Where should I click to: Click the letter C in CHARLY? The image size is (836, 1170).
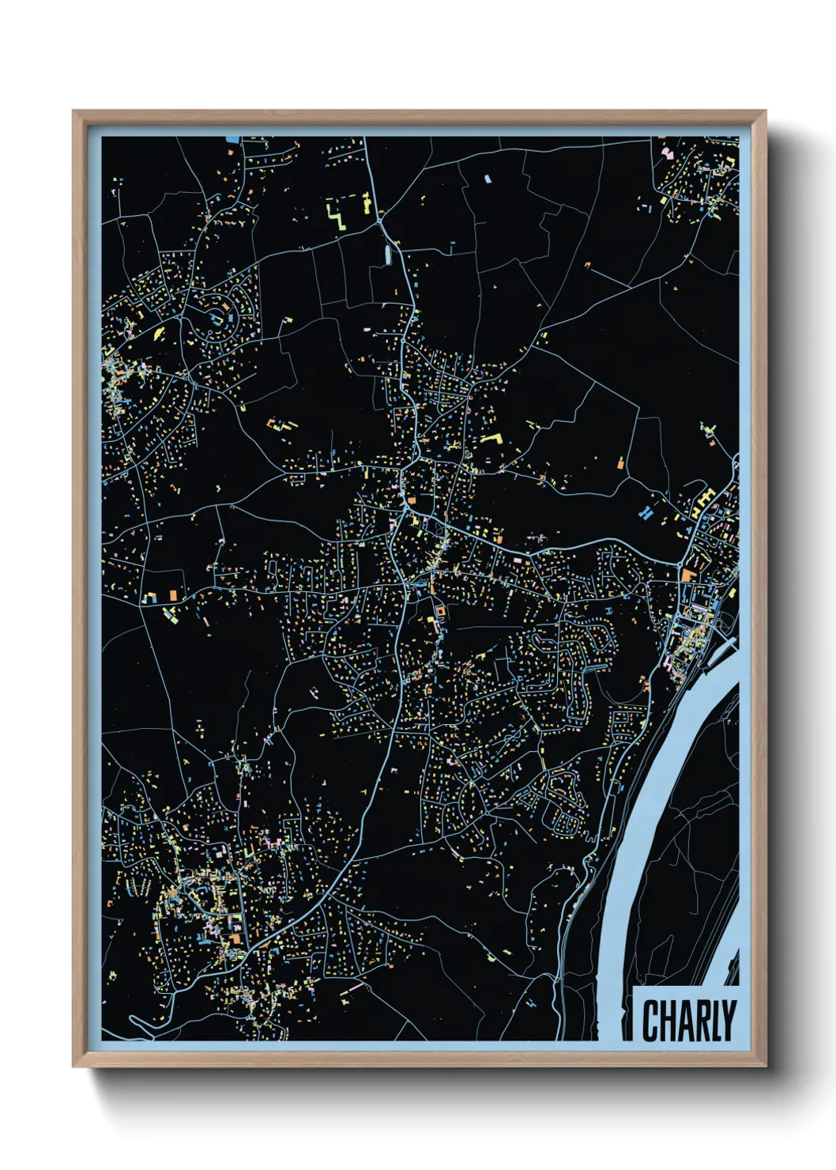(x=652, y=1021)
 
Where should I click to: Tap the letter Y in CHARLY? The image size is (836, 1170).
(x=728, y=1021)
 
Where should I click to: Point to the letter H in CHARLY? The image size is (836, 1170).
(x=669, y=1021)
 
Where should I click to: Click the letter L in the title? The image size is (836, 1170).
(x=716, y=1021)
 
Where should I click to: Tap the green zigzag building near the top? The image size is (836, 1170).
(x=337, y=215)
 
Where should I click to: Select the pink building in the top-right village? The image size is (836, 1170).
(x=668, y=153)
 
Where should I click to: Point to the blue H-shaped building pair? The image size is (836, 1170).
(x=646, y=511)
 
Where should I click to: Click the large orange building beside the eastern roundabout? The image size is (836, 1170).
(x=688, y=575)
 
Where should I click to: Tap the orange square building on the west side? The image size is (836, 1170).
(x=172, y=594)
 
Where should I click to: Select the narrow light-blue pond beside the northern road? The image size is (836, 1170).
(x=387, y=255)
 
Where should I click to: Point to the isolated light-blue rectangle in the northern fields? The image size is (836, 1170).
(x=488, y=179)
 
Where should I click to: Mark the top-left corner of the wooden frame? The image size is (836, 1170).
(x=73, y=111)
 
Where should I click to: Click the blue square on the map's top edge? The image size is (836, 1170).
(x=232, y=139)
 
